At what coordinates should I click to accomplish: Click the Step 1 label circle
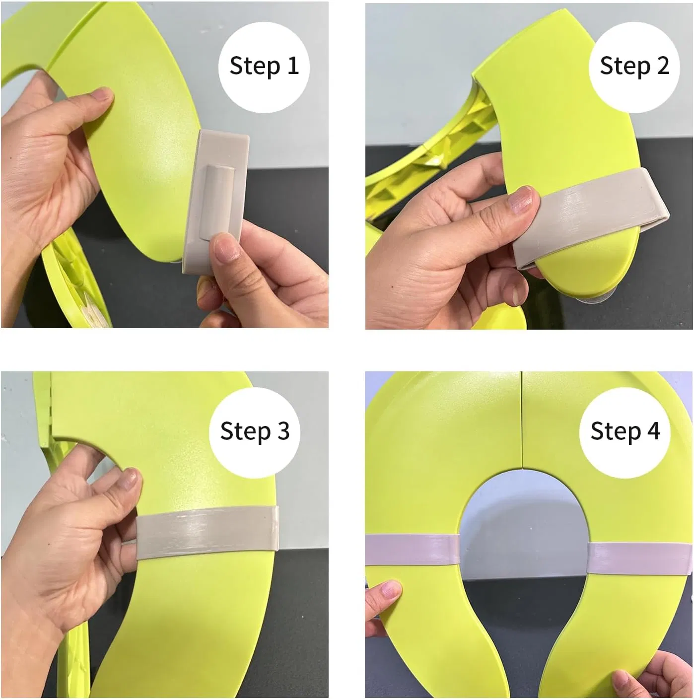coord(264,66)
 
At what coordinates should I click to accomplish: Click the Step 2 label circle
coord(634,66)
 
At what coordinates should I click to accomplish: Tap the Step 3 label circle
coord(254,430)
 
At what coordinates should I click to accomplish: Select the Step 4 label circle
coord(625,430)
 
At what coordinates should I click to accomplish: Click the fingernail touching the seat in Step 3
coord(131,479)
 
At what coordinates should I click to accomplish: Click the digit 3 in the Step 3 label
coord(283,430)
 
